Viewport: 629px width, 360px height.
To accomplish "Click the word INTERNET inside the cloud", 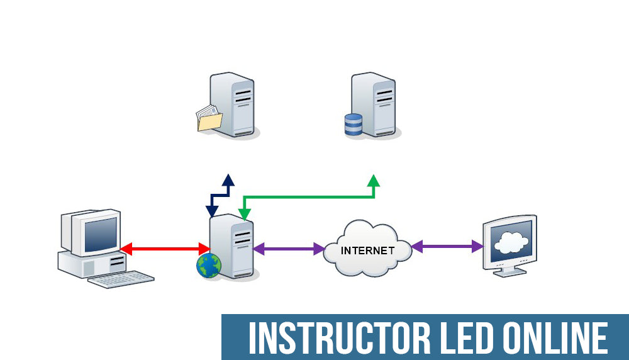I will [367, 250].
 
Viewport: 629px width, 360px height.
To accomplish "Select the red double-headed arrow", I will [165, 249].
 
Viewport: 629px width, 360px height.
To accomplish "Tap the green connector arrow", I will [308, 198].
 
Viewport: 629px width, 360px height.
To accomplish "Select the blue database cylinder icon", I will [353, 124].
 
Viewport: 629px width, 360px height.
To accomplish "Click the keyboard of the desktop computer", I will [121, 279].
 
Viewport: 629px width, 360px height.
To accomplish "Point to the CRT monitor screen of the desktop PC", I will [101, 231].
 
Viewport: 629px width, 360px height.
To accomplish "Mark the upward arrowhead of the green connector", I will [374, 181].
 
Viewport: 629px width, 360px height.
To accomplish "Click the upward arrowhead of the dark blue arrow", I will [228, 180].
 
